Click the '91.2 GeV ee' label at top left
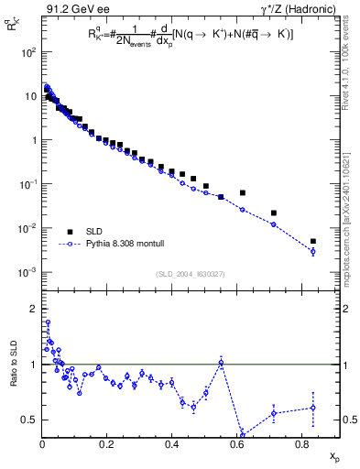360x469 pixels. click(71, 10)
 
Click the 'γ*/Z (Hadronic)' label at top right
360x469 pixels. click(294, 10)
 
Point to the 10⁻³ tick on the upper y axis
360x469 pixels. click(28, 272)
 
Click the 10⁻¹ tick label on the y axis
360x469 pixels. click(28, 184)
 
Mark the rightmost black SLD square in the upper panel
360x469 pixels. click(313, 241)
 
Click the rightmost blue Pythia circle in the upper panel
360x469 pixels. click(313, 251)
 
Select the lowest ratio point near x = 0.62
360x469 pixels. click(242, 433)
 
